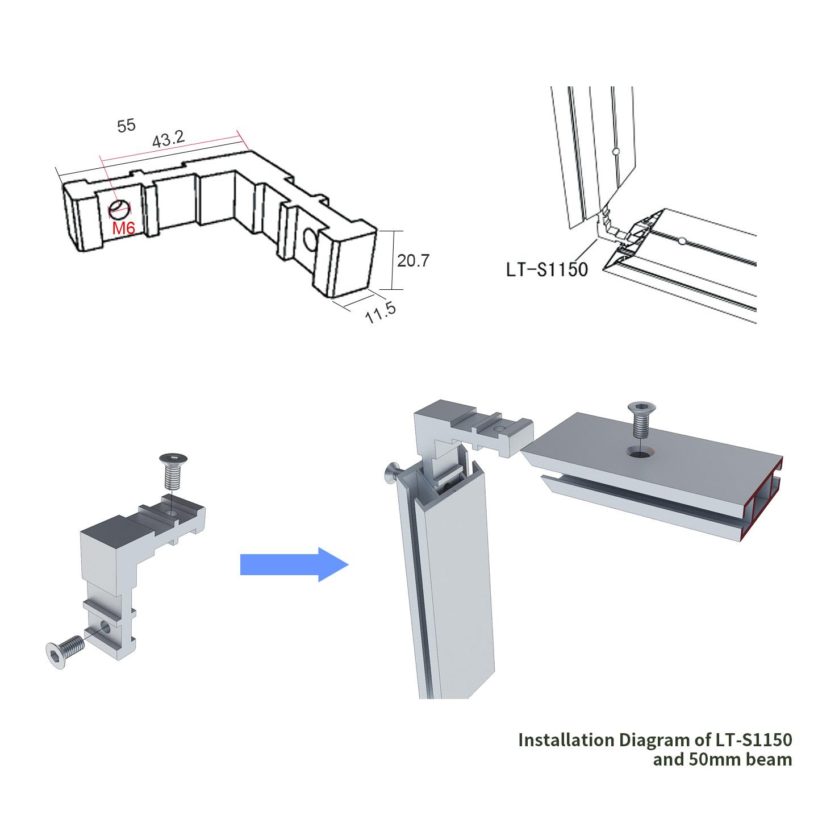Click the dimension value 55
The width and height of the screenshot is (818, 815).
click(x=126, y=126)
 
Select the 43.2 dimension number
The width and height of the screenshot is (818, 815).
click(x=169, y=139)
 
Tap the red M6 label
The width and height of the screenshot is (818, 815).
click(x=123, y=228)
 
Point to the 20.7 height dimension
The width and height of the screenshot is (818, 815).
click(x=413, y=260)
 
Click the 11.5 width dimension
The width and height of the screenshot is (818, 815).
click(x=381, y=313)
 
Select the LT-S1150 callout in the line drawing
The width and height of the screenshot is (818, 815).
click(x=546, y=269)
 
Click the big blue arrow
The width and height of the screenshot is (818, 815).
click(x=294, y=564)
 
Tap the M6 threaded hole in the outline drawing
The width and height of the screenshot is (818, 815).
click(x=119, y=208)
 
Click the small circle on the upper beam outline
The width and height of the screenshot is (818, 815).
click(x=616, y=152)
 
